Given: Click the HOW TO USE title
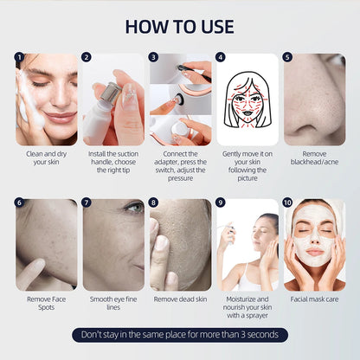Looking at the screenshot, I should (x=179, y=26).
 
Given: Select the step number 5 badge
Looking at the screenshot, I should (x=287, y=59).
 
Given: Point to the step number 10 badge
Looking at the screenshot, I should (x=287, y=202).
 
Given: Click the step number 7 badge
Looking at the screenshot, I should (x=87, y=202).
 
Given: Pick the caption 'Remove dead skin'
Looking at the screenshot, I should (x=180, y=299).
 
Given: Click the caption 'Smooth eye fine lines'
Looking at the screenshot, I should (x=112, y=304).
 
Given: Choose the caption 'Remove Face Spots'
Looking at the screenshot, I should (x=46, y=304).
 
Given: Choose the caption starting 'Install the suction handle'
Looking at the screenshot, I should (x=112, y=164).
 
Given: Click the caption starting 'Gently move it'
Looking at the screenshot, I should (x=247, y=164).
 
